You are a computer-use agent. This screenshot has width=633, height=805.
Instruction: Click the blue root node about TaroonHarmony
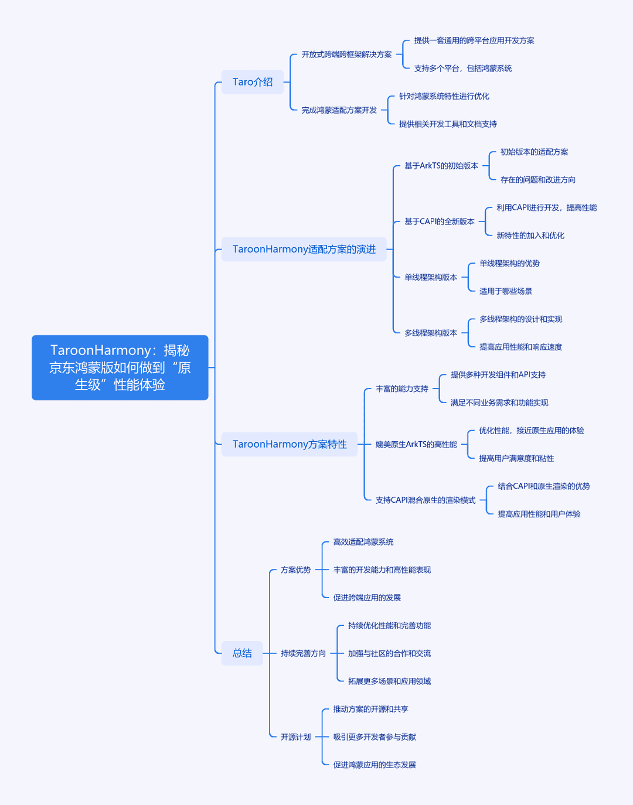120,367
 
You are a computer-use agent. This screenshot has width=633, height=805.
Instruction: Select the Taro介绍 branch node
253,82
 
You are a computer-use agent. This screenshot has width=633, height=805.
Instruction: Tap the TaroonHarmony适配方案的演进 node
304,249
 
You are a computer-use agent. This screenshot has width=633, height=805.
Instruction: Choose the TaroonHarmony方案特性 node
290,444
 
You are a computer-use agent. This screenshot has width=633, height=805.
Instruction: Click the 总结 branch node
242,653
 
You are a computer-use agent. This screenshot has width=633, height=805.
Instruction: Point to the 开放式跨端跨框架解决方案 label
346,54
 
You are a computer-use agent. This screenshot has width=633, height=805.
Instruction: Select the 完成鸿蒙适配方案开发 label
339,110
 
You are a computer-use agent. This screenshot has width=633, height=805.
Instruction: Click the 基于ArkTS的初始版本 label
441,166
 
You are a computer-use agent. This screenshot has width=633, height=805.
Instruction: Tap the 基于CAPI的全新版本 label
440,221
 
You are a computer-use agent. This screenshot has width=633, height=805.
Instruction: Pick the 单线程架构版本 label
431,277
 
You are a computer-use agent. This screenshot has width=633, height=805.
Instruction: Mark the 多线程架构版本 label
431,333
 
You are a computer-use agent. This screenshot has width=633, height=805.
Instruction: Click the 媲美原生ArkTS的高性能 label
416,444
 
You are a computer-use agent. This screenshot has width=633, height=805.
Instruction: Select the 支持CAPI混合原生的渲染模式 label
426,500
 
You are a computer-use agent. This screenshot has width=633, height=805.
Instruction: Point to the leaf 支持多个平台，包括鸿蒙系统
463,68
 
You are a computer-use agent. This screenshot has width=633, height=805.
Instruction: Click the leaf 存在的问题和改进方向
537,180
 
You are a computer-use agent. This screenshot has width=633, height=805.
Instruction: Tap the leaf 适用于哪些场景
505,291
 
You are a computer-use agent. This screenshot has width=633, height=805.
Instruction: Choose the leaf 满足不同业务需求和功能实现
499,403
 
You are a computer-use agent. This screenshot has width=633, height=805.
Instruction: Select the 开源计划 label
295,737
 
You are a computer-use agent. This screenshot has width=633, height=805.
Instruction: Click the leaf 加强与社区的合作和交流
390,653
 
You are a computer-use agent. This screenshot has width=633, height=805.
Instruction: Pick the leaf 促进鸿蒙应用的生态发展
375,765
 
